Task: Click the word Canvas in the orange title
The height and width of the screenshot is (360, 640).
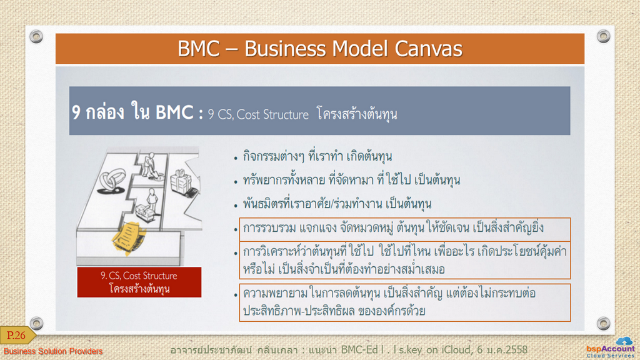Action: pos(428,49)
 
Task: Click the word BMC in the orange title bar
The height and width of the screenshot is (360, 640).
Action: pos(198,49)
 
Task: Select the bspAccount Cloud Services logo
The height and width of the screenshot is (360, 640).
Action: pos(611,347)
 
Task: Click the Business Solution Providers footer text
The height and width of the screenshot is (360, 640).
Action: pos(53,351)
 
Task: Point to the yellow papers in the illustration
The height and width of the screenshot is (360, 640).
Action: pos(129,237)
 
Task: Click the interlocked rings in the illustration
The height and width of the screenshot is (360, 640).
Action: pos(111,182)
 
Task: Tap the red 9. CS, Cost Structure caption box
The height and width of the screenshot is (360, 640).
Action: pos(139,282)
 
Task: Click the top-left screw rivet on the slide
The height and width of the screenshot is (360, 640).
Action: pos(36,36)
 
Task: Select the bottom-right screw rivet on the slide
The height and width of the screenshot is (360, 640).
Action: pos(603,323)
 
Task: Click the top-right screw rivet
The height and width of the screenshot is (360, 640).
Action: pos(603,36)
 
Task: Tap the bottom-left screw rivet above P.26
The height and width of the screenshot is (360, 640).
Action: pos(36,323)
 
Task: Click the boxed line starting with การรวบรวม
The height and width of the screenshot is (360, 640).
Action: pos(404,229)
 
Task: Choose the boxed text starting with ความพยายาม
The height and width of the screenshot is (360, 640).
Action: pos(404,302)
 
